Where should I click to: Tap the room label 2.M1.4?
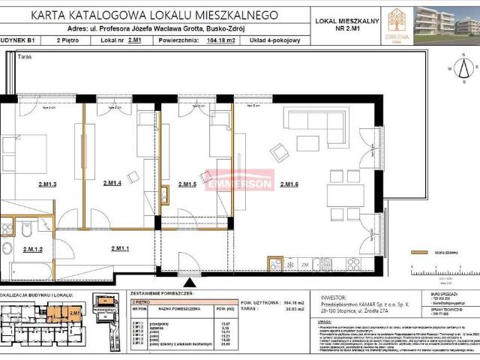[x=112, y=184]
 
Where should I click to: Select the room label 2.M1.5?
[x=187, y=184]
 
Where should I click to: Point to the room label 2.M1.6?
[x=289, y=184]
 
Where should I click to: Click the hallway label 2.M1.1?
[x=120, y=248]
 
